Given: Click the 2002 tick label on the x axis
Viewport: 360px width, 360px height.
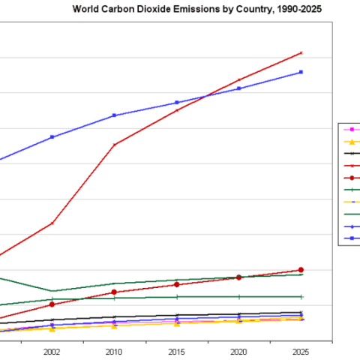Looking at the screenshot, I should [52, 351].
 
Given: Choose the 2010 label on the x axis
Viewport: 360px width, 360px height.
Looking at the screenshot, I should [114, 351].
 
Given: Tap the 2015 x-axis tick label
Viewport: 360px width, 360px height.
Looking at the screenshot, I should [176, 351].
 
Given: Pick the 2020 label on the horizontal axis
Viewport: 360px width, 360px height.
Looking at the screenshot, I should [238, 351].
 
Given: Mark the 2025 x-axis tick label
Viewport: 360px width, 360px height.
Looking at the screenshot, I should [301, 351].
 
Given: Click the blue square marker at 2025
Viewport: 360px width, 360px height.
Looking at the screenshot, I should [301, 72].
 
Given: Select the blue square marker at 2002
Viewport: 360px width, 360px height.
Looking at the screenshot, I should [52, 137].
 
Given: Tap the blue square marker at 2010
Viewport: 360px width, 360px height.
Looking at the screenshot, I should [114, 115].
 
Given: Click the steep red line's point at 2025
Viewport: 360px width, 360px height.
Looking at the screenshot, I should [301, 53].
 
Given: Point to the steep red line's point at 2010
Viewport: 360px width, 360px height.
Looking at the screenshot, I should [114, 145].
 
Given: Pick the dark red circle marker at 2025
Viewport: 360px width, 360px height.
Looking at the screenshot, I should [301, 269].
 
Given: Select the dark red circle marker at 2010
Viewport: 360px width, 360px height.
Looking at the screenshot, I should [114, 292].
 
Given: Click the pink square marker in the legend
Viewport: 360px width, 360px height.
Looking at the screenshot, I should [352, 130].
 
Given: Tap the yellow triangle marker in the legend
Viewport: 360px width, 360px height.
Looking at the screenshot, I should [352, 142].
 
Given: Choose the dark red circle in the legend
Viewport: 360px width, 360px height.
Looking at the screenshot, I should [352, 178].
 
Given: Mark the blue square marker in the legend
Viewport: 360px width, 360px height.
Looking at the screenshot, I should [352, 238].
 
